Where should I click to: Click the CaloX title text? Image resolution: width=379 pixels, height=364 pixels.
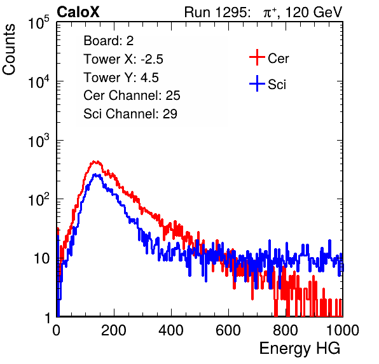tap(78, 12)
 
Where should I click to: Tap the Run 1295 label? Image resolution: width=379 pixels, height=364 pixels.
tap(217, 12)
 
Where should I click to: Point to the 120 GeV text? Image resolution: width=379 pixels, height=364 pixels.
tap(314, 12)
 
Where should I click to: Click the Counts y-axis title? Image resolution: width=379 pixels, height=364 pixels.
tap(9, 50)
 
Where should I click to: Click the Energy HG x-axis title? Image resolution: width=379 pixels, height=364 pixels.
tap(300, 349)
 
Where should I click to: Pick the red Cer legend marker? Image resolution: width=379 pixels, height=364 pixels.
tap(257, 57)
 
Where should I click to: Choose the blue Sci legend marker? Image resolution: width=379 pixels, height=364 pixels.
tap(257, 83)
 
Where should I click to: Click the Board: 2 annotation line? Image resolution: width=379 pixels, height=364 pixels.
tap(109, 41)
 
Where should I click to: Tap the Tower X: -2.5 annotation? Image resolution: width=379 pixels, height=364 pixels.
tap(123, 59)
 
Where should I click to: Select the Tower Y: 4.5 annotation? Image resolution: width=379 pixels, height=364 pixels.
tap(121, 78)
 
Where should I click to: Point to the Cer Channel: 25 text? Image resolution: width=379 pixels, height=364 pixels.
tap(132, 95)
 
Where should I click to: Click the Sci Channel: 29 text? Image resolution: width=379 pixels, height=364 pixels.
tap(130, 114)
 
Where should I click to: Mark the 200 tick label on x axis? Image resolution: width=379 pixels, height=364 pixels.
tap(114, 330)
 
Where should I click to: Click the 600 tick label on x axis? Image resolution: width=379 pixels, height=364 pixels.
tap(228, 330)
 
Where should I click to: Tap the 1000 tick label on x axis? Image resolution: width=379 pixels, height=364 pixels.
tap(343, 330)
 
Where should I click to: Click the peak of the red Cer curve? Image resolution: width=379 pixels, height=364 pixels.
tap(96, 162)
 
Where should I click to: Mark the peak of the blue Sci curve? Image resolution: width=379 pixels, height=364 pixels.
tap(96, 174)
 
